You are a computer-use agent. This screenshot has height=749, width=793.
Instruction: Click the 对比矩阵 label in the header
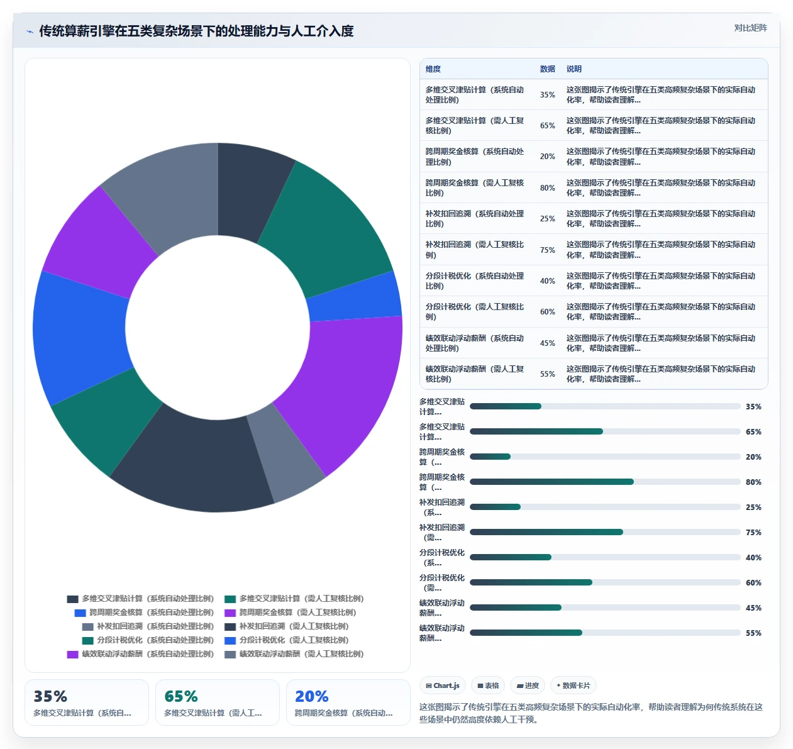click(750, 28)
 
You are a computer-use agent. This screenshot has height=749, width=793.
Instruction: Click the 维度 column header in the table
click(433, 69)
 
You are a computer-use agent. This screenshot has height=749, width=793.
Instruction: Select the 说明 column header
click(574, 69)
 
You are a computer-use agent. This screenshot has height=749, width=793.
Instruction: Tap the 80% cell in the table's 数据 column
click(547, 188)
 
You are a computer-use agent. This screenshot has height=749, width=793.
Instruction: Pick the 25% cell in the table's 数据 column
click(547, 218)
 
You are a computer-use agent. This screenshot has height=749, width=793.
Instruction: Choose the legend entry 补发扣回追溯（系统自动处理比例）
click(148, 626)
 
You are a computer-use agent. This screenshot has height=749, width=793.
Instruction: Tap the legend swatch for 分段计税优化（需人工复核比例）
click(230, 640)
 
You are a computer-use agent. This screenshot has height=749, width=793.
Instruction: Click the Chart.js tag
click(443, 685)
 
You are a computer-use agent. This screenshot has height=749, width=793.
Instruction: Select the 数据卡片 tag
click(573, 685)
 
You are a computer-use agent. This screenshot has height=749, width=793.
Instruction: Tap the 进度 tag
click(528, 685)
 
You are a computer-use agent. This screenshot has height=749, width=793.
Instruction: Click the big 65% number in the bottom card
click(181, 696)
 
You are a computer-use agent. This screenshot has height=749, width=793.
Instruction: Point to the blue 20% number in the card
click(311, 696)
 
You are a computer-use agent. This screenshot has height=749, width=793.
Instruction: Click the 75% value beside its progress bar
click(753, 532)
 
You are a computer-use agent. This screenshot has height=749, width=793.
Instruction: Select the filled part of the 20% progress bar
click(490, 457)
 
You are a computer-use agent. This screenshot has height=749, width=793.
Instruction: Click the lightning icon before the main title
click(30, 31)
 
